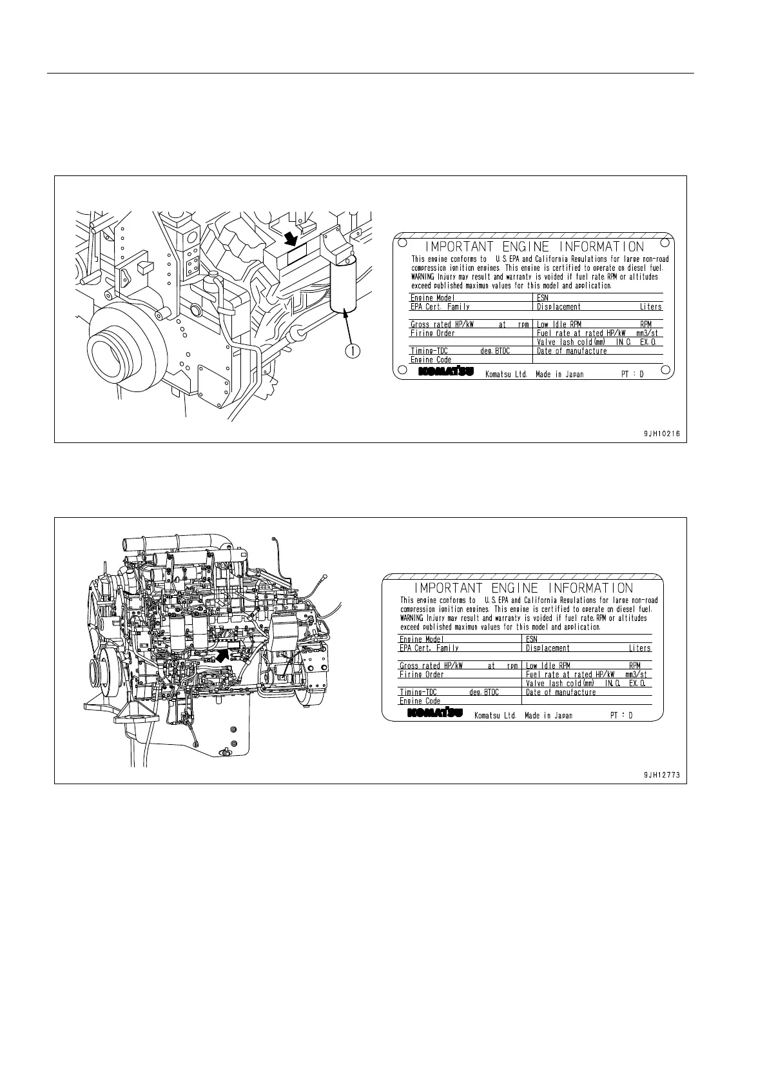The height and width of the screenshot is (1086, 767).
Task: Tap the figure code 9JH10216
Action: click(661, 434)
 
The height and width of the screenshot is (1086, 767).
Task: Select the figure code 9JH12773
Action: click(661, 776)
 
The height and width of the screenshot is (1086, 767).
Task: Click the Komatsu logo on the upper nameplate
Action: click(445, 372)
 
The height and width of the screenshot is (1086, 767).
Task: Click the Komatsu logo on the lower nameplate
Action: click(434, 713)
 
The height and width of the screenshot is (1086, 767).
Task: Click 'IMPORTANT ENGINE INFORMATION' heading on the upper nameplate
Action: click(534, 247)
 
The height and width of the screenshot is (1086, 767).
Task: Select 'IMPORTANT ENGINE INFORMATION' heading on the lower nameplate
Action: click(523, 588)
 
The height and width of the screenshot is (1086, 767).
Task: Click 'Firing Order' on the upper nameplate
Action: click(432, 333)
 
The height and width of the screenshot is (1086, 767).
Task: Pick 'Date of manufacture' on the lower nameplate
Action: click(561, 692)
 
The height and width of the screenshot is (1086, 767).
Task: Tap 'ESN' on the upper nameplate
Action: click(543, 298)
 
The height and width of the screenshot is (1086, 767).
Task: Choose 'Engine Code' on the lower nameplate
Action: click(420, 701)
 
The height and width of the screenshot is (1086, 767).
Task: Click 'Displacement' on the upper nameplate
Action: click(558, 307)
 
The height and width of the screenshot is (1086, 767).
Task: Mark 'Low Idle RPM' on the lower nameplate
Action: click(548, 666)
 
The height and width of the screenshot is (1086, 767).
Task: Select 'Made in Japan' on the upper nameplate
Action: click(559, 374)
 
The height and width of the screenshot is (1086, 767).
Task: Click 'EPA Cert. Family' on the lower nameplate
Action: click(429, 648)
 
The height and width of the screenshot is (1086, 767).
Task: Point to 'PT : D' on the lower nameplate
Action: click(621, 715)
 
